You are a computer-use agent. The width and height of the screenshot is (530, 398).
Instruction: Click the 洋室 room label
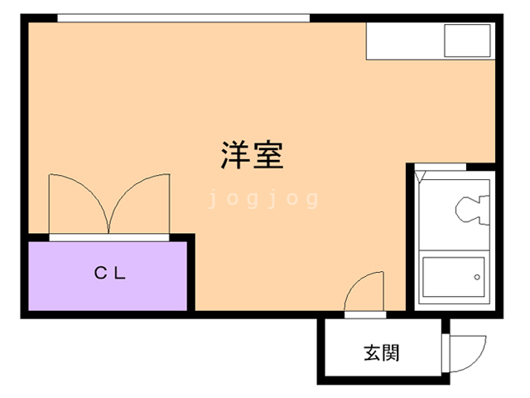252,154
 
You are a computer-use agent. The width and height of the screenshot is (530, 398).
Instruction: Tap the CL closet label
110,273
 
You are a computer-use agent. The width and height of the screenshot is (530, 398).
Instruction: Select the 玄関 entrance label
382,352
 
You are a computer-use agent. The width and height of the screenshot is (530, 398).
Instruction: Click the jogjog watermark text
263,199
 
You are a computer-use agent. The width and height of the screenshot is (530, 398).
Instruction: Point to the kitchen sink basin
467,41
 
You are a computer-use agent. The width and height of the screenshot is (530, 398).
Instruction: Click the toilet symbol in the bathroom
471,210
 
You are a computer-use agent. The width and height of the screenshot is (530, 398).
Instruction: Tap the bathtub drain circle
477,277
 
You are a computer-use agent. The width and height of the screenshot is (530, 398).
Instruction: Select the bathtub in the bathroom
454,277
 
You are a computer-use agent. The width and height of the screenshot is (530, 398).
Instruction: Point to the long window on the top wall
184,18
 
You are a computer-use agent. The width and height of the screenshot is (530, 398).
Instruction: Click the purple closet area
108,276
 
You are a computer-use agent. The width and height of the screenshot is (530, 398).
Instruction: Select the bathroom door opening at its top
441,167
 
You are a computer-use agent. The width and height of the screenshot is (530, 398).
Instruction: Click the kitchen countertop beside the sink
405,41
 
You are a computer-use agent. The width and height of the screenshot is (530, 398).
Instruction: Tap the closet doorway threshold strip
109,237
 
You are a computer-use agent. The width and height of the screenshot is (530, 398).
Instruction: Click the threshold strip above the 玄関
365,315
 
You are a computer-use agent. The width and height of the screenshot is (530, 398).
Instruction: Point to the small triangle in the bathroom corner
420,177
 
